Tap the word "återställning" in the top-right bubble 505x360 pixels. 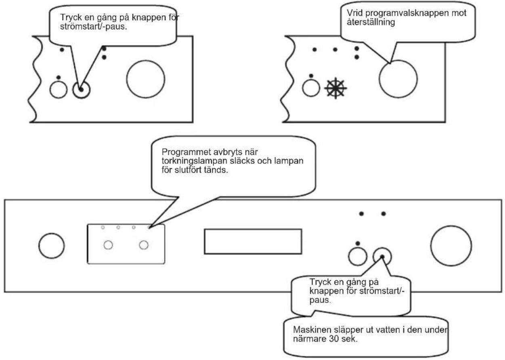[371, 22]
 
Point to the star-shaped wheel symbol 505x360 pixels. [335, 88]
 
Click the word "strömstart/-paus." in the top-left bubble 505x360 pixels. [94, 27]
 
